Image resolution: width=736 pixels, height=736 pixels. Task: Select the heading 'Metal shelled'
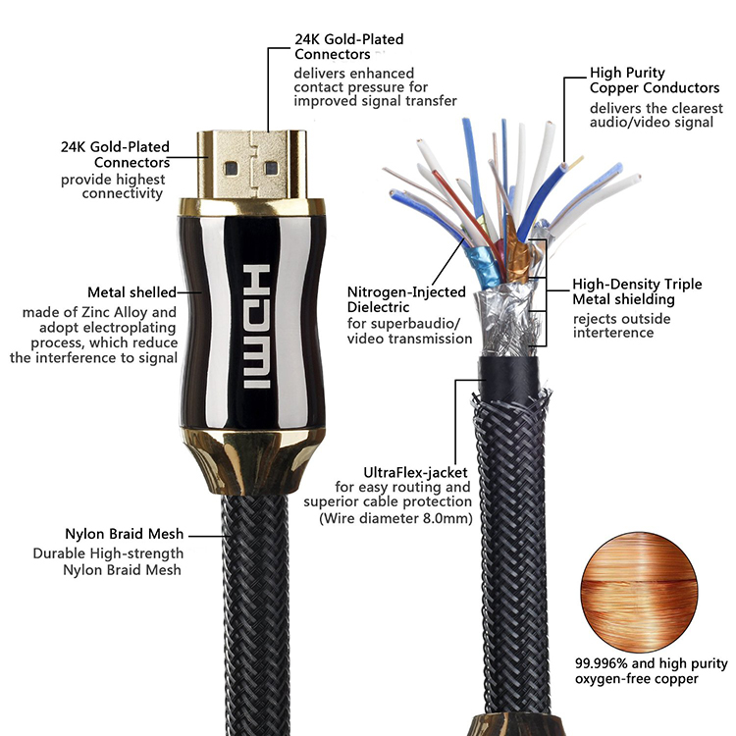[131, 292]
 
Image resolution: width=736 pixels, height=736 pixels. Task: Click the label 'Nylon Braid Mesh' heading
[124, 535]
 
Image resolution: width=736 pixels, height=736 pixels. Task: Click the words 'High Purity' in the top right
[627, 73]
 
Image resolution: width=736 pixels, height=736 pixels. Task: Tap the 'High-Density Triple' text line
[637, 285]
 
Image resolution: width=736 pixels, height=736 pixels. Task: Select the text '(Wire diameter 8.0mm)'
[395, 518]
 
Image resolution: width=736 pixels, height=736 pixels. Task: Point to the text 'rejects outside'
[620, 318]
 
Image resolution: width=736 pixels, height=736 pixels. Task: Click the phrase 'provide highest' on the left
[113, 180]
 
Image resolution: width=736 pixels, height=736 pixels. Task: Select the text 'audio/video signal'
[651, 123]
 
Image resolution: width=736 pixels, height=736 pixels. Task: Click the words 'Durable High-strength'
[123, 553]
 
